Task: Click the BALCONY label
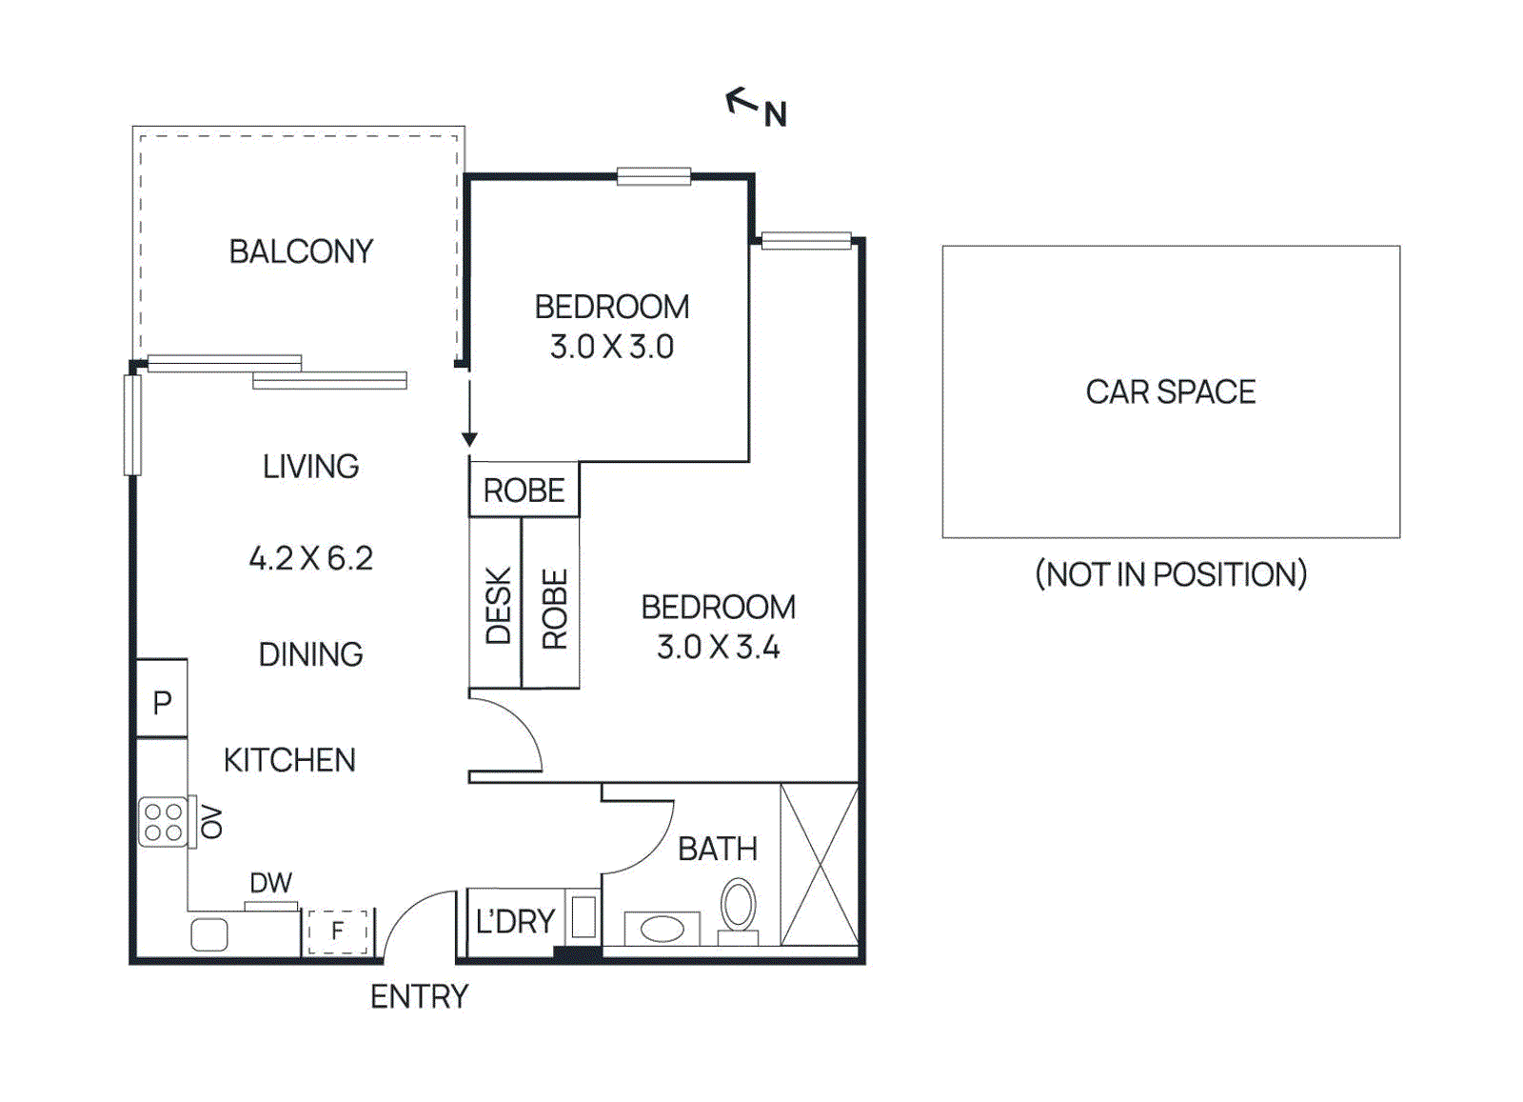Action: pyautogui.click(x=301, y=251)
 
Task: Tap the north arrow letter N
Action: pyautogui.click(x=776, y=115)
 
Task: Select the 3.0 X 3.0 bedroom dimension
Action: pyautogui.click(x=611, y=347)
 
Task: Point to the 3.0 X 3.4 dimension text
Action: pyautogui.click(x=718, y=648)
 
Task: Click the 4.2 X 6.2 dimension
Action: pyautogui.click(x=310, y=558)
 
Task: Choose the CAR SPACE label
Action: pyautogui.click(x=1170, y=391)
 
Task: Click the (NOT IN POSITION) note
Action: pyautogui.click(x=1170, y=574)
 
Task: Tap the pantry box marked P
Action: pyautogui.click(x=162, y=703)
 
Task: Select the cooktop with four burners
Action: pyautogui.click(x=163, y=822)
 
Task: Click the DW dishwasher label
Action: pyautogui.click(x=270, y=883)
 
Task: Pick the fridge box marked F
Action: pyautogui.click(x=337, y=931)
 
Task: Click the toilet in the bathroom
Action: pyautogui.click(x=738, y=907)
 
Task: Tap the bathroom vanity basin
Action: pyautogui.click(x=662, y=928)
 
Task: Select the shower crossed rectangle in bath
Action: pyautogui.click(x=819, y=864)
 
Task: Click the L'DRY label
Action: pyautogui.click(x=515, y=921)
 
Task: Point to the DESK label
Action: pyautogui.click(x=498, y=606)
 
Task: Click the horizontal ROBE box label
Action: pyautogui.click(x=524, y=491)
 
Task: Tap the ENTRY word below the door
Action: pyautogui.click(x=419, y=996)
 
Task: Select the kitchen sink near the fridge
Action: pyautogui.click(x=209, y=934)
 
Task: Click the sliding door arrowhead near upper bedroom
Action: pyautogui.click(x=469, y=439)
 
